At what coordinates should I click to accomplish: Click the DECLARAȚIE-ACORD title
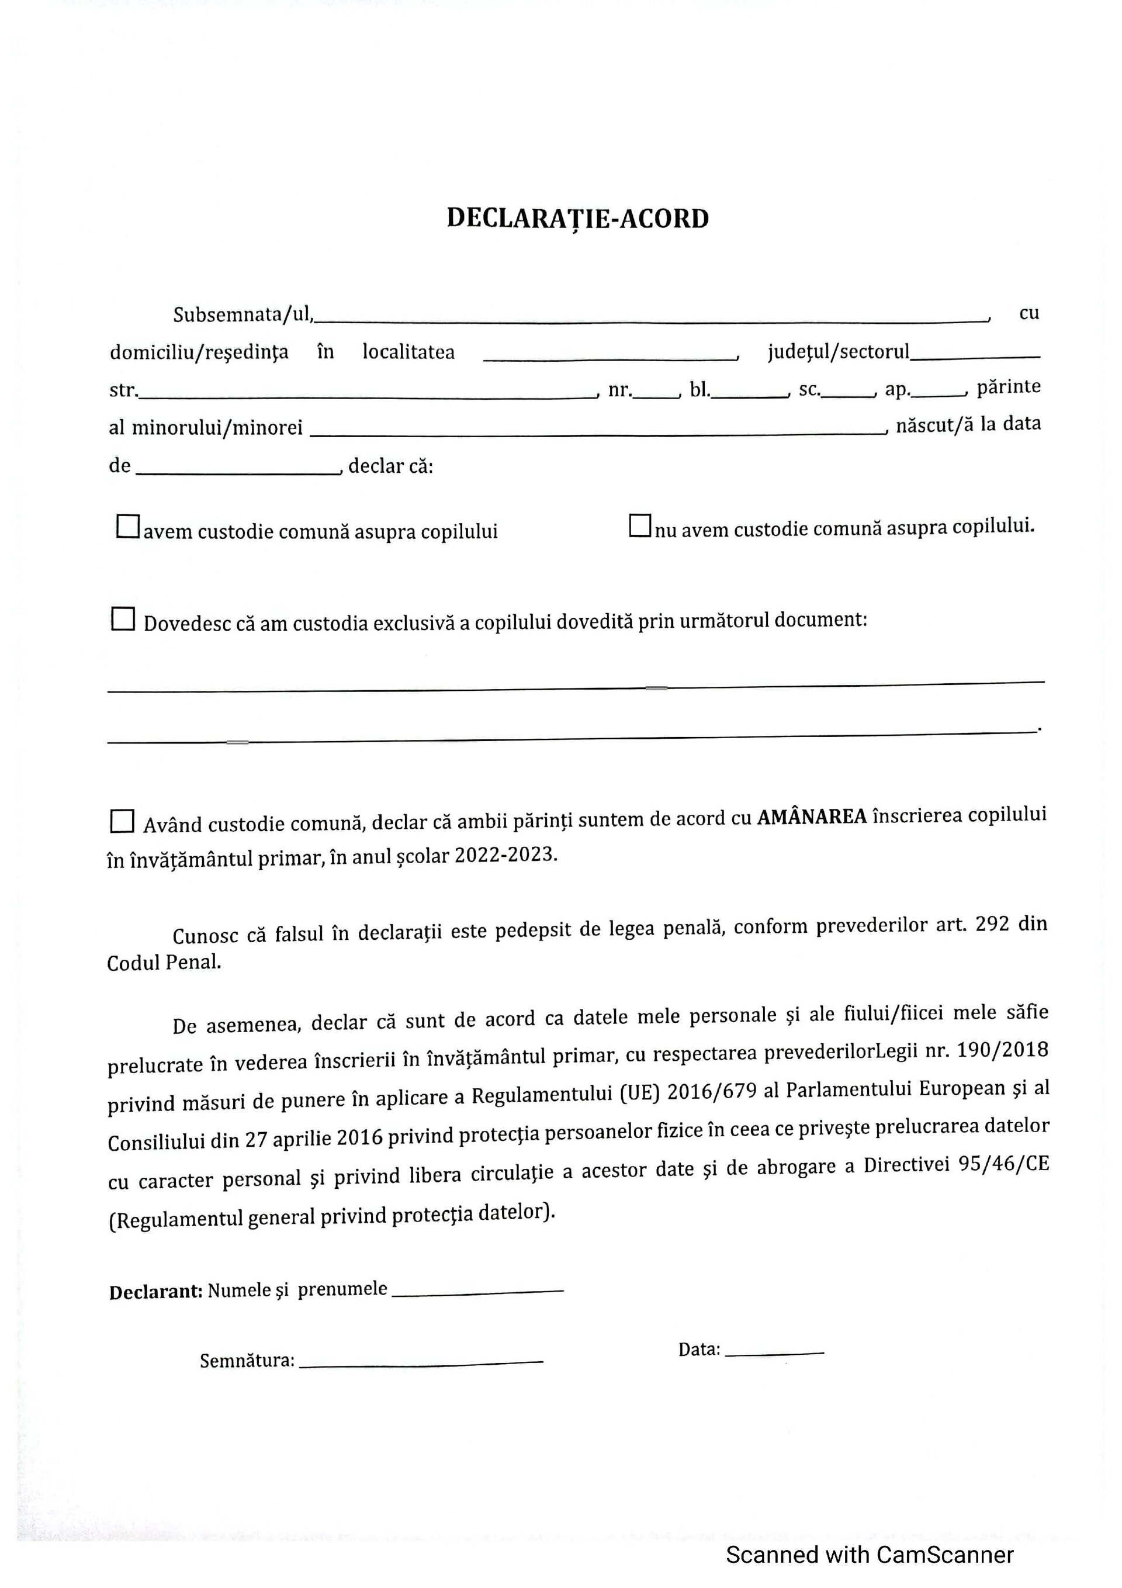[x=577, y=219]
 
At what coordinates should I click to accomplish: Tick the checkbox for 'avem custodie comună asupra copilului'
[x=128, y=527]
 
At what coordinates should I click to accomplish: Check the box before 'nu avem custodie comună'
[x=640, y=525]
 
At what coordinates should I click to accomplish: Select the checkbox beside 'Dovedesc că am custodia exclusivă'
[x=123, y=619]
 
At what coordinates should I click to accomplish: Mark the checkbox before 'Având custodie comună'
[x=123, y=821]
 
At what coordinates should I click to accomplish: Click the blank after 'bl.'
[x=750, y=393]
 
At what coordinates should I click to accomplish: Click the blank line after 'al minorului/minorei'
[x=598, y=430]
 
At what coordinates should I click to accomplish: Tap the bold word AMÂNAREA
[x=812, y=818]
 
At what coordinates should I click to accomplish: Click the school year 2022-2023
[x=505, y=856]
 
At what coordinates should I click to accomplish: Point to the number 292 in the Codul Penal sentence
[x=992, y=925]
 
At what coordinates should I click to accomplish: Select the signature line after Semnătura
[x=421, y=1362]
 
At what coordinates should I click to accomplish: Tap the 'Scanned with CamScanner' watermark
[x=870, y=1554]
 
